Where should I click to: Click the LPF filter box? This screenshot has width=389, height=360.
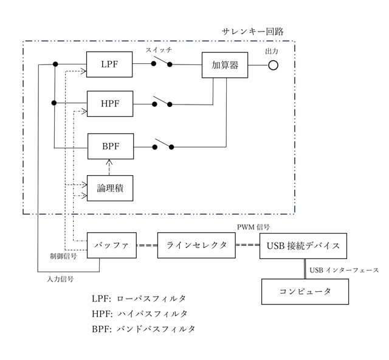pos(109,63)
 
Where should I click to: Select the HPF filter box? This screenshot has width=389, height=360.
pos(109,104)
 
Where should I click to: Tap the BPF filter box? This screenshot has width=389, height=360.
pos(109,146)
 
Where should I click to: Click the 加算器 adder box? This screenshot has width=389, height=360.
pos(225,64)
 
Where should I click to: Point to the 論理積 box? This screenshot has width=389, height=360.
pos(109,189)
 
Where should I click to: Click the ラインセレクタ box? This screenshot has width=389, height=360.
pos(196,246)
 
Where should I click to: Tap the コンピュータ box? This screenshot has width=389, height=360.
pos(306,291)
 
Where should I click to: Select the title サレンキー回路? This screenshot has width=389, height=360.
pos(253,30)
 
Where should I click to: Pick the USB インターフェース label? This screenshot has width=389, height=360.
pos(344,269)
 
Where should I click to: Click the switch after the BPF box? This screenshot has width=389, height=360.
pos(163,145)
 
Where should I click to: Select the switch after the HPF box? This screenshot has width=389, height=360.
pos(162,102)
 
